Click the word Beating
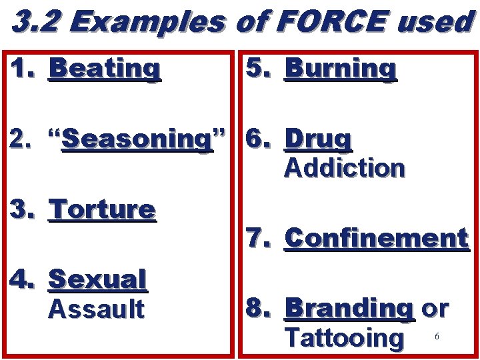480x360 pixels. (x=105, y=68)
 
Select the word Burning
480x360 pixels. (x=341, y=68)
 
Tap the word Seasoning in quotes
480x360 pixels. (x=136, y=139)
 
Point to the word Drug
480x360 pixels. (x=318, y=139)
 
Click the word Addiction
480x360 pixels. (x=344, y=167)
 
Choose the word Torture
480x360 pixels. (x=103, y=209)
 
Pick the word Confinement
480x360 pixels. (x=376, y=238)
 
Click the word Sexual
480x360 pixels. (x=97, y=280)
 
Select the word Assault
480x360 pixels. (x=96, y=309)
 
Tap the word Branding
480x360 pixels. (x=349, y=309)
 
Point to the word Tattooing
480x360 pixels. (x=344, y=337)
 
